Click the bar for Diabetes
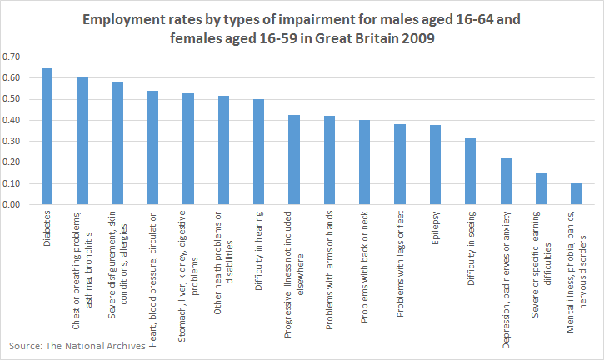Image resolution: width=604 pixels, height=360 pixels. [47, 137]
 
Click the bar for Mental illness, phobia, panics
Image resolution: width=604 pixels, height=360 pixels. [576, 194]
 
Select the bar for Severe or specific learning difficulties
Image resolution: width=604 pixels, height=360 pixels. [541, 189]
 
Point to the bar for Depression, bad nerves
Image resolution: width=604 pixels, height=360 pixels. [506, 181]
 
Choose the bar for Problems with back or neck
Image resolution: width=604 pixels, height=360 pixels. [364, 162]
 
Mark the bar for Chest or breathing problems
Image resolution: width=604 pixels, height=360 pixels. [82, 141]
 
